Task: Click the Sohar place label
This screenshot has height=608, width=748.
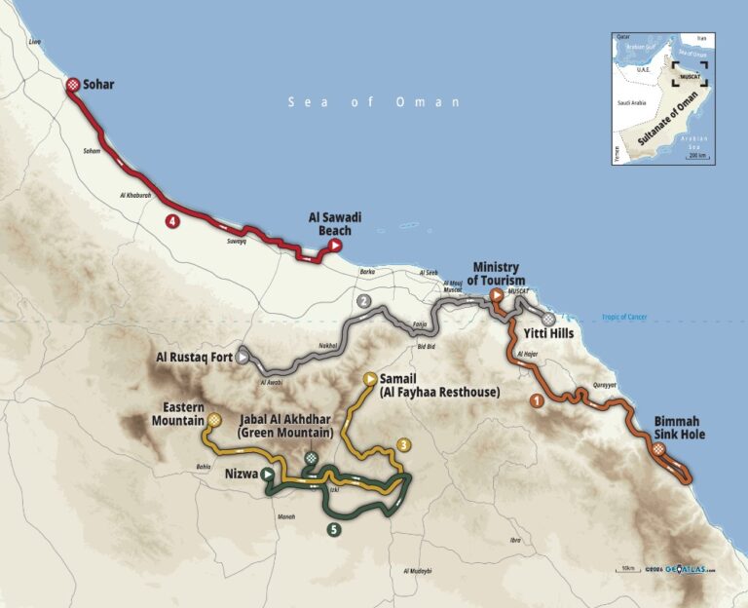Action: click(x=98, y=85)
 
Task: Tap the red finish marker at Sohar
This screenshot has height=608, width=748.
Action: click(x=73, y=86)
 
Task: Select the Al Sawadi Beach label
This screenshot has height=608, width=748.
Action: click(x=335, y=224)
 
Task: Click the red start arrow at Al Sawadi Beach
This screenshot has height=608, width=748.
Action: click(x=334, y=247)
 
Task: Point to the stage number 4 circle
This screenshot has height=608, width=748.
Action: click(x=171, y=222)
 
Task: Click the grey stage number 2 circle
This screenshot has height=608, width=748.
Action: click(x=363, y=301)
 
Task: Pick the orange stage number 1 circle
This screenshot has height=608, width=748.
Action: click(x=536, y=399)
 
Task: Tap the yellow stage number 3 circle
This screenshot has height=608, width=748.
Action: click(x=402, y=445)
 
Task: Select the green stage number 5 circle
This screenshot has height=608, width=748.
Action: click(x=334, y=529)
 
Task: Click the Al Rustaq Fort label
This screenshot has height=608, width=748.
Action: click(x=194, y=358)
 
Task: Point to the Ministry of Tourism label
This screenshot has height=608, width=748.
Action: click(x=497, y=274)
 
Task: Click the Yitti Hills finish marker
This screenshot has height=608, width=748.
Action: click(x=549, y=319)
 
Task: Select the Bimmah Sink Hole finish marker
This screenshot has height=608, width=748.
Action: click(x=659, y=449)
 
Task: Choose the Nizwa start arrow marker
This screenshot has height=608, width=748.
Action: click(x=266, y=475)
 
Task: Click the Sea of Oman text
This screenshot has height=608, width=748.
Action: click(x=374, y=102)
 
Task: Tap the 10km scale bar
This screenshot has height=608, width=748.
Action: click(x=627, y=569)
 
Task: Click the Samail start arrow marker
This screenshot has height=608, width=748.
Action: click(x=370, y=378)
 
